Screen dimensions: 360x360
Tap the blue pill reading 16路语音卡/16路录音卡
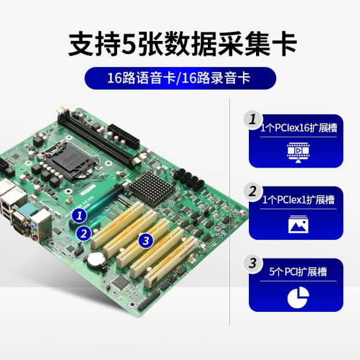pos(180,78)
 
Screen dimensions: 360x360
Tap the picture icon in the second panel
pos(296,225)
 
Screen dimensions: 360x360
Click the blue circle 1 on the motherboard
pos(79,214)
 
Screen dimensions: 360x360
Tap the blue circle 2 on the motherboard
pos(83,233)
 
